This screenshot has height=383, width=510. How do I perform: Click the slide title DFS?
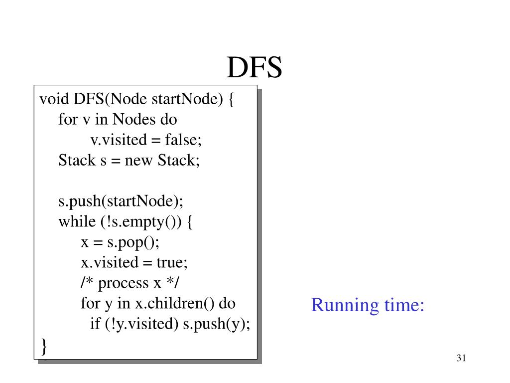coord(255,68)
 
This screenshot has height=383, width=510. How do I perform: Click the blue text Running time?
coord(368,304)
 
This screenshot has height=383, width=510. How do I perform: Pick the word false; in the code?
coord(184,140)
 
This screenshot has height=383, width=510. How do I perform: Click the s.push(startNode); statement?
coord(121,201)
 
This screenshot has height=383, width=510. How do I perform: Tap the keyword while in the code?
coord(77,222)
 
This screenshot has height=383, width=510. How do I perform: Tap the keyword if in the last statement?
coord(95,324)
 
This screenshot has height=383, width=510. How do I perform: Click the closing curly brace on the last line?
coord(44,345)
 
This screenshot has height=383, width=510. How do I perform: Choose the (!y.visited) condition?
coord(141,324)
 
